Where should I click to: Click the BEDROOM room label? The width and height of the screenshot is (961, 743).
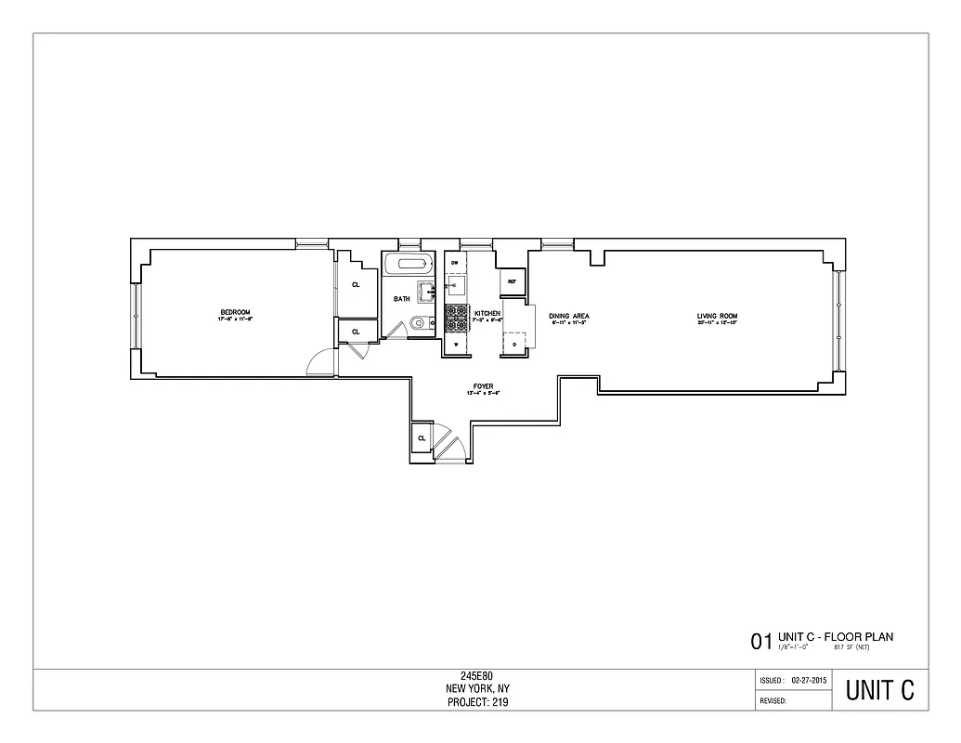235,312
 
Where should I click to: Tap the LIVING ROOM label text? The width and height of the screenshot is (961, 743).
717,317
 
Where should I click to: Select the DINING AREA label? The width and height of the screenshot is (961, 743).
569,317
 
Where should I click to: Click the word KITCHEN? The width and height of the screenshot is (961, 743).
487,314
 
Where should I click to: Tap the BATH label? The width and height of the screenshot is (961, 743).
401,299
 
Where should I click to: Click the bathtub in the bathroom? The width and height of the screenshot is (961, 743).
409,264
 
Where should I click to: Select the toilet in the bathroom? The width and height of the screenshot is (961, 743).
418,324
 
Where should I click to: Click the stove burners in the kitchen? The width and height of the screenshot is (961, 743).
456,319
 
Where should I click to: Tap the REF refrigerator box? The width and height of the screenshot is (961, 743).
512,280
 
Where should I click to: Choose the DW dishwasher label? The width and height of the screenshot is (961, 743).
455,264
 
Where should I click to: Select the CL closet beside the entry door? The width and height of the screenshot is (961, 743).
422,437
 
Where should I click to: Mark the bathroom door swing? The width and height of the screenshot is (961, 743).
396,330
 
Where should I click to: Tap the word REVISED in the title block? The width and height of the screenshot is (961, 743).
773,701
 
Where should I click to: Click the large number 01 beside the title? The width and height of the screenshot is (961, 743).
760,641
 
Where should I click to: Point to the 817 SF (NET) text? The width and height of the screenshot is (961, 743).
851,645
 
